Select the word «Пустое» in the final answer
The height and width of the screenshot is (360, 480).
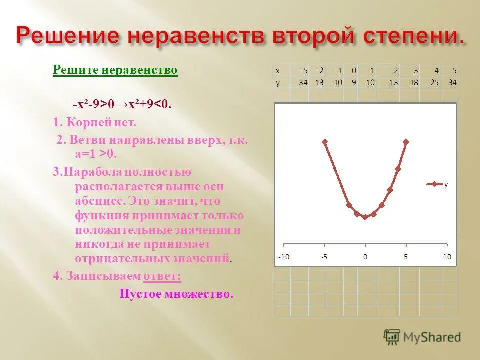[139, 294]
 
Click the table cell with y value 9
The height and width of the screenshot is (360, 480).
[353, 83]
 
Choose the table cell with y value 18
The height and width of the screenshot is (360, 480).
[414, 83]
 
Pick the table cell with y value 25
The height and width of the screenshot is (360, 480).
[435, 83]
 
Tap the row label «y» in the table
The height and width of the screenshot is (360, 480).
[278, 83]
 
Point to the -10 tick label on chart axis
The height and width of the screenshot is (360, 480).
[283, 257]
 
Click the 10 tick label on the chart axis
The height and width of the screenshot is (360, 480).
[446, 257]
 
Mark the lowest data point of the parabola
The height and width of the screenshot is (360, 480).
[365, 217]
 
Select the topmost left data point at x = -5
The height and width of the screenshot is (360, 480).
[324, 142]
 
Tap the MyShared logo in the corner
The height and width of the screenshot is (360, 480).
[422, 337]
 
